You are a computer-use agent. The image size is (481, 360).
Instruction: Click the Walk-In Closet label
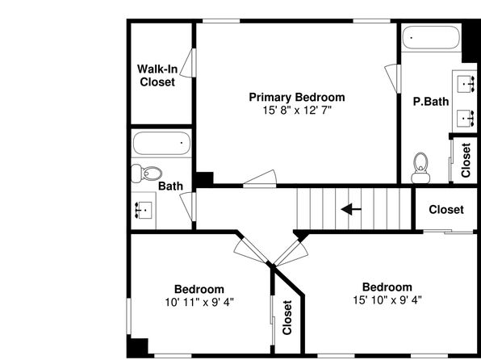point(157,76)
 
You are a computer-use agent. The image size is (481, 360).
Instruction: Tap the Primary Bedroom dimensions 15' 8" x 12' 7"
point(297,110)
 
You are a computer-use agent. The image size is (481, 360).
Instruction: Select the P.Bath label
point(431,102)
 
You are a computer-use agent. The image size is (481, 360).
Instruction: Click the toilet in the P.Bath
point(420,168)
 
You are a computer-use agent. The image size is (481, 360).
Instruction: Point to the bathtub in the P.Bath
point(431,38)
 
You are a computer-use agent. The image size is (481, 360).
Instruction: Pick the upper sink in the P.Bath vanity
point(466,84)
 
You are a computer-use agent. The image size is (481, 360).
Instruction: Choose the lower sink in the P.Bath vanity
point(466,118)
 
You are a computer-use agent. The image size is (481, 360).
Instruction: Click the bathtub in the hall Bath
point(161,144)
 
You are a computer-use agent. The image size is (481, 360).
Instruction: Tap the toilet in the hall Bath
point(147,174)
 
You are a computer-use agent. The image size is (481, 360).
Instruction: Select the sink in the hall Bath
point(144,210)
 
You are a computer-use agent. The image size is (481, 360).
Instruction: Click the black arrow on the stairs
point(351,209)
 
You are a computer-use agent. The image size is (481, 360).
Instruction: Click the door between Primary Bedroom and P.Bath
point(393,78)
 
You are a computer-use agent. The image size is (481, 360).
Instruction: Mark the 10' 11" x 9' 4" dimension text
point(199,303)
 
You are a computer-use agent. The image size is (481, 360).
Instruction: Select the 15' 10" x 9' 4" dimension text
point(387,299)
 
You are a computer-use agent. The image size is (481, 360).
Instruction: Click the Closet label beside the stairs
point(446,210)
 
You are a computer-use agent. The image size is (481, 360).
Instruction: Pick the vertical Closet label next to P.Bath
point(466,160)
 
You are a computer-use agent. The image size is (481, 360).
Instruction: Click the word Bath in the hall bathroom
point(170,186)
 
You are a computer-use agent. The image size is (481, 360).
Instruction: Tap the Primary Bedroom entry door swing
point(260,178)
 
